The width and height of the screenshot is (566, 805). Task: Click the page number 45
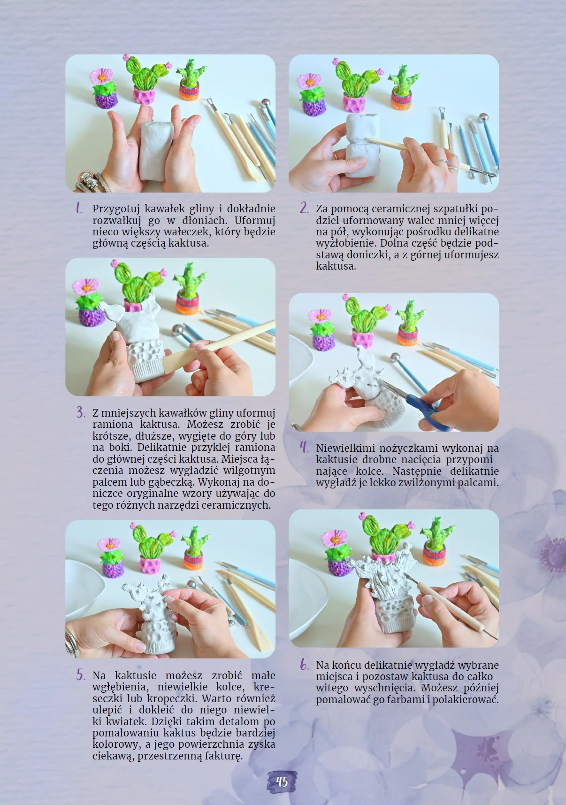pos(282,782)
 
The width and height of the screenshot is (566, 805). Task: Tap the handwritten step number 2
pos(304,208)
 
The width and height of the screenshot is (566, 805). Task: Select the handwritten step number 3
pos(80,412)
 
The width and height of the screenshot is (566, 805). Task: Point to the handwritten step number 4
pos(304,447)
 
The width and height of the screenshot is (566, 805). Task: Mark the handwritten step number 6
pos(304,665)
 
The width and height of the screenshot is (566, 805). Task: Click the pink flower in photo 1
pos(101,76)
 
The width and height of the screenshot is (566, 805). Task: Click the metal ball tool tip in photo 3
pos(177,330)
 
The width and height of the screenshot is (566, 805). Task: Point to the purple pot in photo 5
pos(113,569)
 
